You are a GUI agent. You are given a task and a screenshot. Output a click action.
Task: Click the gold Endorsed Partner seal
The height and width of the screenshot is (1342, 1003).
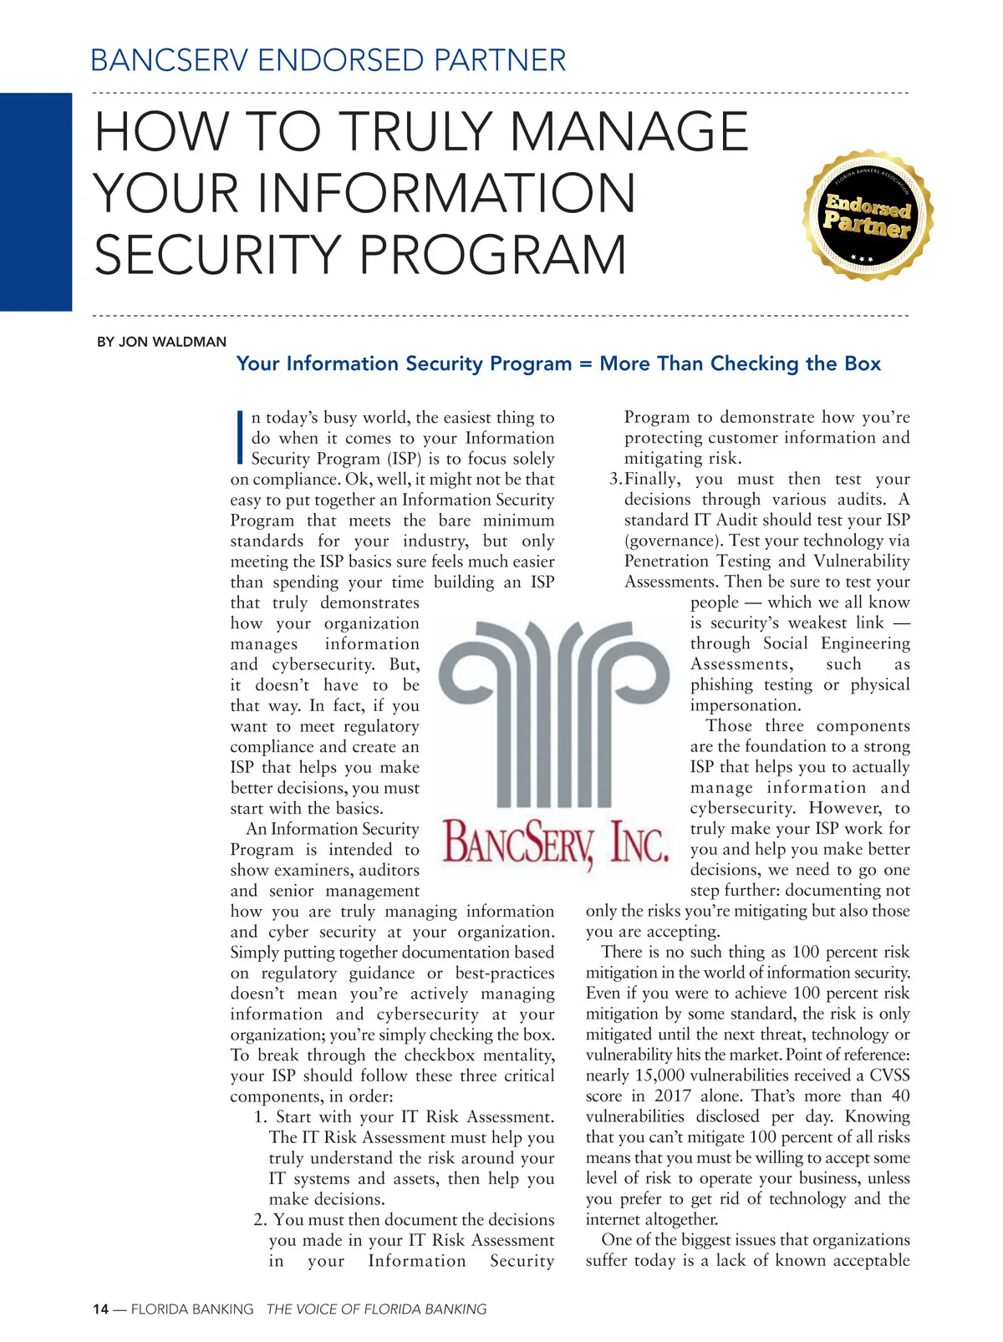[868, 216]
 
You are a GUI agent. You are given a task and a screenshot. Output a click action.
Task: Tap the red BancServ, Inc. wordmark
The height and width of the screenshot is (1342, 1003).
[556, 842]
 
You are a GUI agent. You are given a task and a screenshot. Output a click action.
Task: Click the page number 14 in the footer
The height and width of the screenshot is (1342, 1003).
[100, 1309]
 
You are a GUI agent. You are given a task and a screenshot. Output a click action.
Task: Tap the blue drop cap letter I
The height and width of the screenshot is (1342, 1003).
[239, 437]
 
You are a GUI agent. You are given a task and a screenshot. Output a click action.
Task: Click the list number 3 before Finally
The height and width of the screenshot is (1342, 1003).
[614, 480]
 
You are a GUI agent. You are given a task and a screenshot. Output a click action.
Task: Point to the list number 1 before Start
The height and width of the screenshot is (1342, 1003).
[261, 1117]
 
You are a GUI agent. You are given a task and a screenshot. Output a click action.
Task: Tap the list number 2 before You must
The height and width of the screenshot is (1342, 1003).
[260, 1220]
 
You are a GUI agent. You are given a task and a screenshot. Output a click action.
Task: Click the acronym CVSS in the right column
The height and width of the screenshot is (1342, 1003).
[889, 1075]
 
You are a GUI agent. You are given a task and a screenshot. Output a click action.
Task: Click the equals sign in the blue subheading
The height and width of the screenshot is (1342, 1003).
[584, 364]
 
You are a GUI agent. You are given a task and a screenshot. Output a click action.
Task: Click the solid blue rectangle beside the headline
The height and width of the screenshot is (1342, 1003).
[36, 201]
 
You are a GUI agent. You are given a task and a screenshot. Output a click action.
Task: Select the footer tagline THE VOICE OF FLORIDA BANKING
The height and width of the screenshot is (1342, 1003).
[376, 1309]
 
